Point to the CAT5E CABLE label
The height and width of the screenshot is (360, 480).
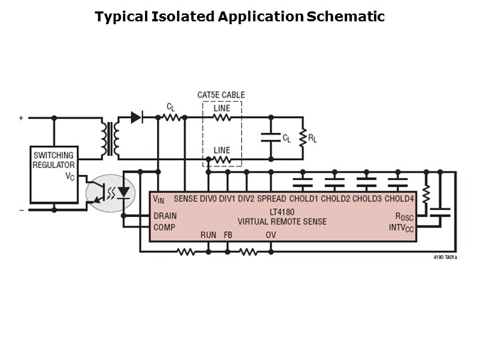(221, 95)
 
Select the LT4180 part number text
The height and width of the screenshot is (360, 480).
(282, 211)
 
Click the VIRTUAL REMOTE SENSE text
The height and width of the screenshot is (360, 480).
(282, 221)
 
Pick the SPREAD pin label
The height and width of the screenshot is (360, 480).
(272, 198)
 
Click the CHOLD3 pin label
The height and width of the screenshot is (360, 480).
(367, 198)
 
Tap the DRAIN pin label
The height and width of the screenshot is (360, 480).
(165, 215)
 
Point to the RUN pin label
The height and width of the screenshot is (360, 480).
(208, 234)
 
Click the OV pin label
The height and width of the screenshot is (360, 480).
(271, 234)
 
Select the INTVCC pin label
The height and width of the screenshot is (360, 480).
(400, 228)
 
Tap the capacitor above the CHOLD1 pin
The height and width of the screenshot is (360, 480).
(303, 184)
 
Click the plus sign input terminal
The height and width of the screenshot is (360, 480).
(21, 118)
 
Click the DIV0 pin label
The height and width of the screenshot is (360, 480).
(209, 198)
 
